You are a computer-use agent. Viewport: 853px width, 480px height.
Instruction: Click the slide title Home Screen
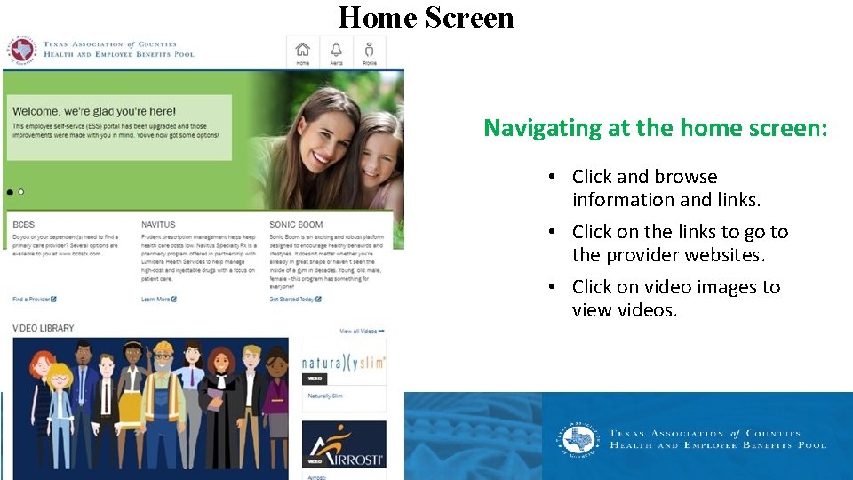pos(426,18)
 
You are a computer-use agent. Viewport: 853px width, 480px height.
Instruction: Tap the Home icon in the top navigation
pos(303,51)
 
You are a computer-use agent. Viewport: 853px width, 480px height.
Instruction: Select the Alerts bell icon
pos(337,51)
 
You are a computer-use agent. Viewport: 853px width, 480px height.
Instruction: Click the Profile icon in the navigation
pos(370,51)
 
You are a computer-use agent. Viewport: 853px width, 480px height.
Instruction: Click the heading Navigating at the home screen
pos(655,128)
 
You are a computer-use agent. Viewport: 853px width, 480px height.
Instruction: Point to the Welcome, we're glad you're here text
pos(93,111)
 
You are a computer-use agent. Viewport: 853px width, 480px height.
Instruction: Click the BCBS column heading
pos(23,225)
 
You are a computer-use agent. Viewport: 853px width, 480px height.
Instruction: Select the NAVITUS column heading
pos(158,225)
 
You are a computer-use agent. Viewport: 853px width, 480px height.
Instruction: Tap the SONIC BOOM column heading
pos(296,225)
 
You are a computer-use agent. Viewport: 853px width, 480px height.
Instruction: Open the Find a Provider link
pos(34,300)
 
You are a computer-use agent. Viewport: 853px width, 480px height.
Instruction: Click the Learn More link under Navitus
pos(158,300)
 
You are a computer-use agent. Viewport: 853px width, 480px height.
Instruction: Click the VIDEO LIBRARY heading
pos(44,328)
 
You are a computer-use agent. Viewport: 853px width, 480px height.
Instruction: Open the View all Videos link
pos(361,332)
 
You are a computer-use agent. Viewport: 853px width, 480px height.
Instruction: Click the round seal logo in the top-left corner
pos(20,50)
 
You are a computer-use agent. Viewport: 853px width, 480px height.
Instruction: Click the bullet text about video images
pos(675,299)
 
